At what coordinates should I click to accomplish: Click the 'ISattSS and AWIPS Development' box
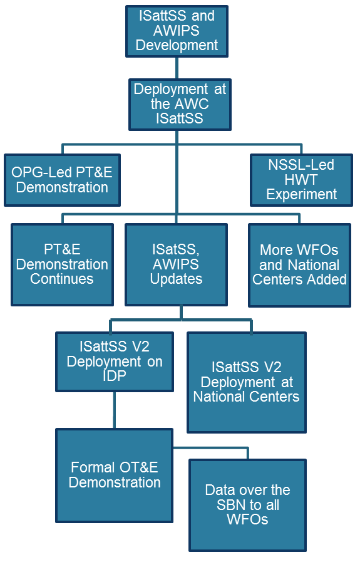[x=177, y=31]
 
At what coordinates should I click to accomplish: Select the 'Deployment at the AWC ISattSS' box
[x=180, y=104]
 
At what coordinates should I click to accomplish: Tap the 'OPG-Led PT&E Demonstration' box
[x=63, y=180]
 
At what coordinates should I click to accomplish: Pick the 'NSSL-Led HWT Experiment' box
[x=301, y=180]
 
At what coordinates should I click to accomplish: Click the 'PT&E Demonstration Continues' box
[x=63, y=265]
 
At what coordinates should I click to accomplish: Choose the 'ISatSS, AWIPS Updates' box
[x=176, y=265]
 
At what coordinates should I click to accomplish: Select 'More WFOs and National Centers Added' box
[x=299, y=265]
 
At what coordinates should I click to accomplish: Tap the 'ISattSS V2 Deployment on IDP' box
[x=115, y=362]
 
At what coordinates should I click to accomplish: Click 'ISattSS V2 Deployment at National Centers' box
[x=247, y=382]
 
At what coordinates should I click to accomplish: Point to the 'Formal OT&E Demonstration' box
[x=115, y=476]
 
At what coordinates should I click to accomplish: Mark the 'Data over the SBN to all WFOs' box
[x=247, y=505]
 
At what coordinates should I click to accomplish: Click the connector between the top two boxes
[x=177, y=68]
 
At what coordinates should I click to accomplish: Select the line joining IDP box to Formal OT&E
[x=115, y=410]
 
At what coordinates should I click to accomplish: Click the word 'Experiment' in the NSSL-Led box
[x=301, y=195]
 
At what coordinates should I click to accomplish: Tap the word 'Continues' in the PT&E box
[x=62, y=279]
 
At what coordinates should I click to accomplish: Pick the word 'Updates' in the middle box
[x=176, y=279]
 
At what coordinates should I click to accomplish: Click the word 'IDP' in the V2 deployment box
[x=115, y=376]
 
